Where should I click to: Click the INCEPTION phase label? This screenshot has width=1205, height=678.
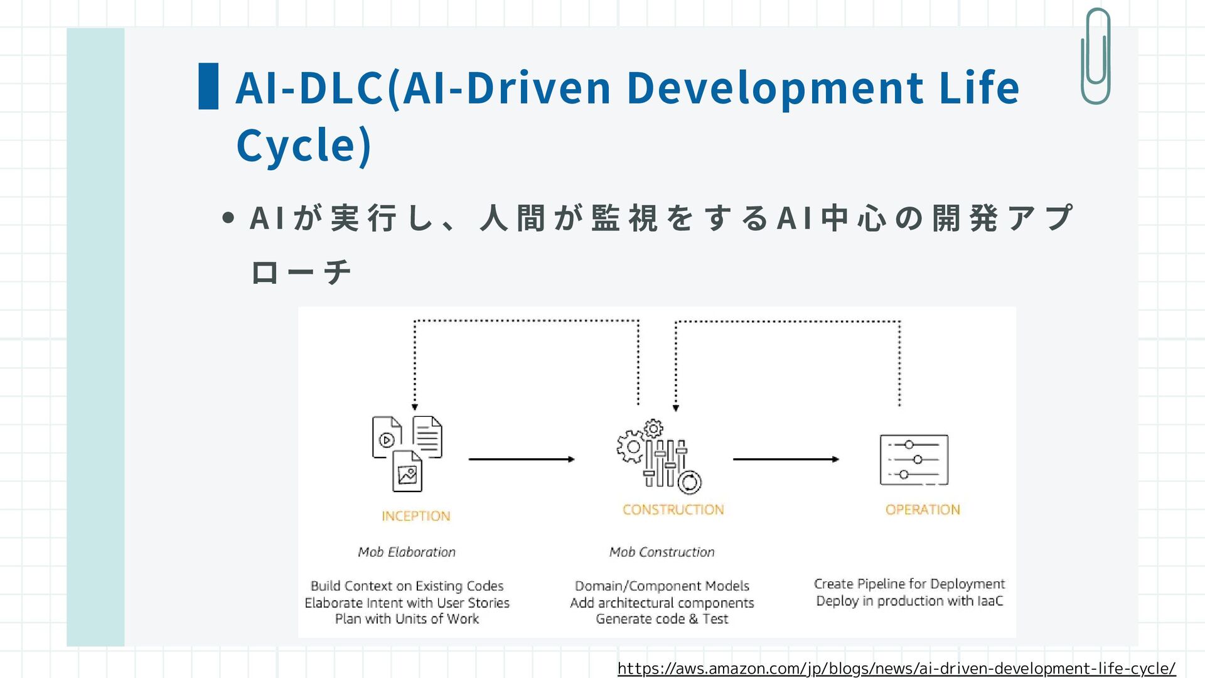(416, 516)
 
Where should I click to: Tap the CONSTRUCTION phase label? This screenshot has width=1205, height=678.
(673, 510)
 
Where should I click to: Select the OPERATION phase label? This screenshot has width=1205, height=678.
(923, 510)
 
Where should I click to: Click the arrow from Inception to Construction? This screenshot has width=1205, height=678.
(521, 460)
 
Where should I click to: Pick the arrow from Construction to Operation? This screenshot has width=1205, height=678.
(786, 460)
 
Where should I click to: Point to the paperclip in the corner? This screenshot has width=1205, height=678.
(1096, 56)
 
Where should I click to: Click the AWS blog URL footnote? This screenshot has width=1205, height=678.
(896, 669)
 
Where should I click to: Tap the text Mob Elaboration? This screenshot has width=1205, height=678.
(407, 552)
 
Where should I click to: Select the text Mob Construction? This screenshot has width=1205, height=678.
(661, 552)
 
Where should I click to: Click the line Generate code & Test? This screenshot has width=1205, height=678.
(661, 619)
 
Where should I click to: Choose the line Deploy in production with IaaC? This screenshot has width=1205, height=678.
(909, 601)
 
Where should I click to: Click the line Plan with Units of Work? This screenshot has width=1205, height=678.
(407, 619)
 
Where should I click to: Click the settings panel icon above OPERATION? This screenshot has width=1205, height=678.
(914, 460)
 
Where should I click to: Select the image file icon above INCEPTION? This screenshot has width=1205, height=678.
(407, 471)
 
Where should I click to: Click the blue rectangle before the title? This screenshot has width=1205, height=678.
(208, 86)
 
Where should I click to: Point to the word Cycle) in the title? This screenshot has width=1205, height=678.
(304, 145)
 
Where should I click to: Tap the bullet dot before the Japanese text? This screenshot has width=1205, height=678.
(228, 218)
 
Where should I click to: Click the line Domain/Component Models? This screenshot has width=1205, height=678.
(661, 586)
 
